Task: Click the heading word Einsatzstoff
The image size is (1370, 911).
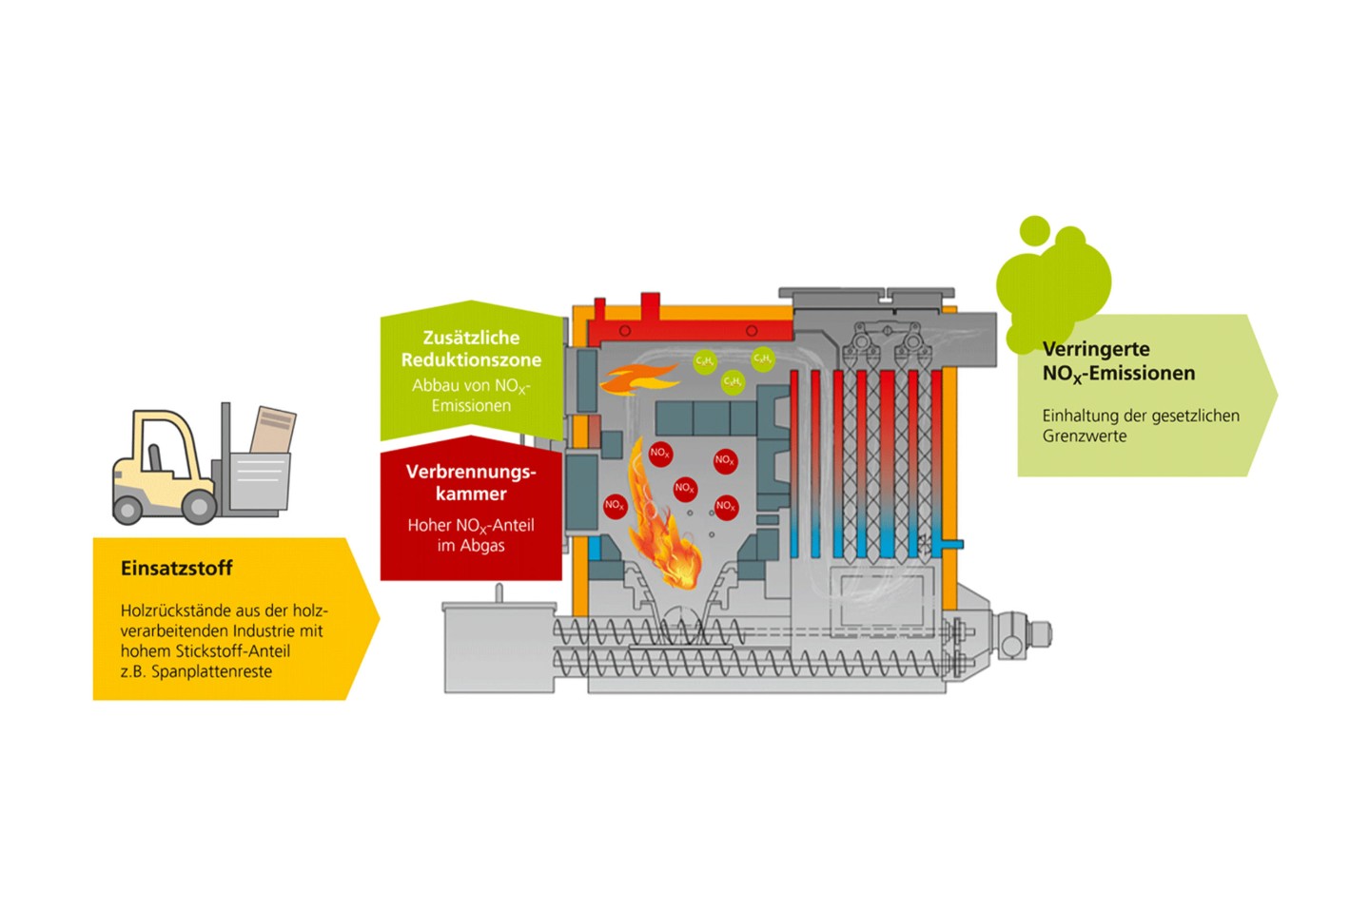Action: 176,568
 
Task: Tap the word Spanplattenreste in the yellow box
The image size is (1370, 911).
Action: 211,671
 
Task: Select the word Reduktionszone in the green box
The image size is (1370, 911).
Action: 471,360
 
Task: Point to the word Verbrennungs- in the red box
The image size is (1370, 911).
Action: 471,472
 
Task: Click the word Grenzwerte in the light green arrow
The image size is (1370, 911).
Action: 1085,436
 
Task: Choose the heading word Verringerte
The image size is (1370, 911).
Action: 1096,349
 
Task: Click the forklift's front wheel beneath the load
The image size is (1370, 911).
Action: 199,506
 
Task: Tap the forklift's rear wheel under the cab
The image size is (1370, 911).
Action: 127,510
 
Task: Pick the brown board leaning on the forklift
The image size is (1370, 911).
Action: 272,431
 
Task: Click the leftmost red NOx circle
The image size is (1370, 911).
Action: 615,505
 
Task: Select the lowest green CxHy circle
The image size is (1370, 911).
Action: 732,382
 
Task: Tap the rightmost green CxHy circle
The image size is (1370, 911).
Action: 762,359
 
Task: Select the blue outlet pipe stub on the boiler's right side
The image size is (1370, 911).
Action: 950,544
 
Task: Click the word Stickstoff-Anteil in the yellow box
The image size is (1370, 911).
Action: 233,651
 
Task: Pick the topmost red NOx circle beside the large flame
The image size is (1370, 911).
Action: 660,453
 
